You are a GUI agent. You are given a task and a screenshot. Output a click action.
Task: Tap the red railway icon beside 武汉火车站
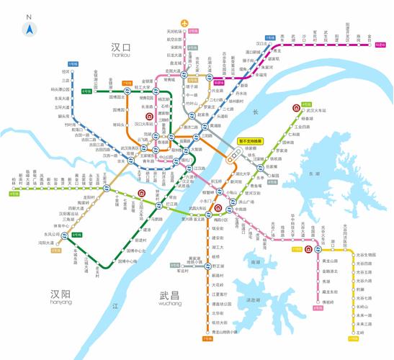[x=296, y=109]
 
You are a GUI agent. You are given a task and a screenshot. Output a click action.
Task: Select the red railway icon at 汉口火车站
[x=149, y=115]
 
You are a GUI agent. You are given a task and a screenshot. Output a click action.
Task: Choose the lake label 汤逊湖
[x=252, y=300]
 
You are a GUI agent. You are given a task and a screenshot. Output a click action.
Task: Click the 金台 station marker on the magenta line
[x=370, y=42]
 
